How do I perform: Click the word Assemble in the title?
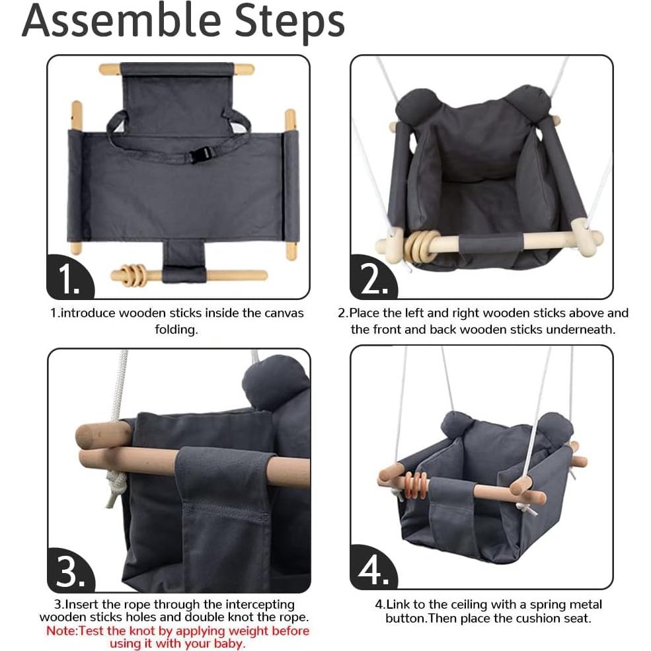(x=121, y=20)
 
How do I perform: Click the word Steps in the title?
(x=289, y=23)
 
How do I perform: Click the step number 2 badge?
(x=373, y=278)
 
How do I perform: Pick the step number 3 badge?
(x=71, y=570)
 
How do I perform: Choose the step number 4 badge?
(x=373, y=568)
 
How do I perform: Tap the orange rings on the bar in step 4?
(x=416, y=485)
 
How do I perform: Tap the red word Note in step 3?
(x=61, y=631)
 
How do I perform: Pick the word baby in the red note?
(x=229, y=644)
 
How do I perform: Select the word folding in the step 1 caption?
(x=176, y=330)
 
